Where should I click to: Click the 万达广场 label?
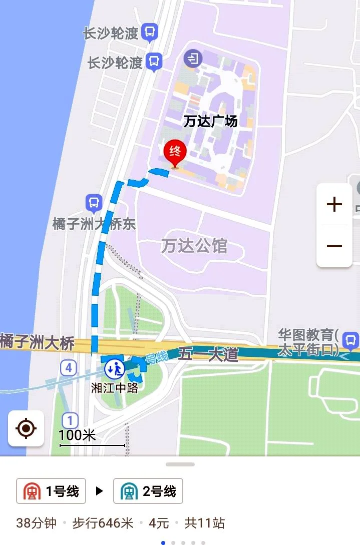[210, 121]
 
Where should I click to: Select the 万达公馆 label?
[194, 246]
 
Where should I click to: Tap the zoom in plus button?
[334, 204]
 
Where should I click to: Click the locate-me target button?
[26, 428]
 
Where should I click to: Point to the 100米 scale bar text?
[77, 435]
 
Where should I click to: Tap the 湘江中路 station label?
[115, 387]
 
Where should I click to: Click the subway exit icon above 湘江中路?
[115, 369]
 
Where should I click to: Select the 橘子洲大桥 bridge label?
[38, 343]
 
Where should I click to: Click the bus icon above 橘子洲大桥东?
[94, 203]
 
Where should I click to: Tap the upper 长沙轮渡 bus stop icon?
[149, 33]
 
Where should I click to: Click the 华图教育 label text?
[309, 341]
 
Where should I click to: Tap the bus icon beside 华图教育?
[351, 340]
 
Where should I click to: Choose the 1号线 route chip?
[51, 491]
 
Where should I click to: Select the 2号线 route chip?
[148, 491]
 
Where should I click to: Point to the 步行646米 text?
[103, 523]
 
